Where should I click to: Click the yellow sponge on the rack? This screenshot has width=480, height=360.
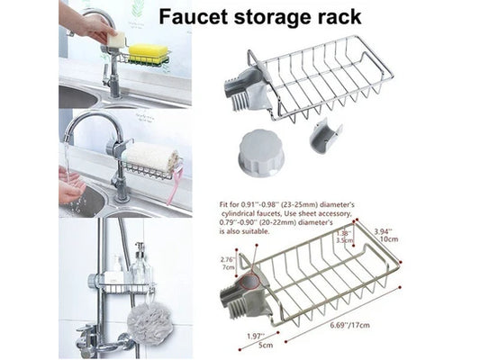148,53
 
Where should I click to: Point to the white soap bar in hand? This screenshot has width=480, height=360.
115,38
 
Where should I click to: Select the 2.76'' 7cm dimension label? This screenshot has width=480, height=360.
228,264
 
